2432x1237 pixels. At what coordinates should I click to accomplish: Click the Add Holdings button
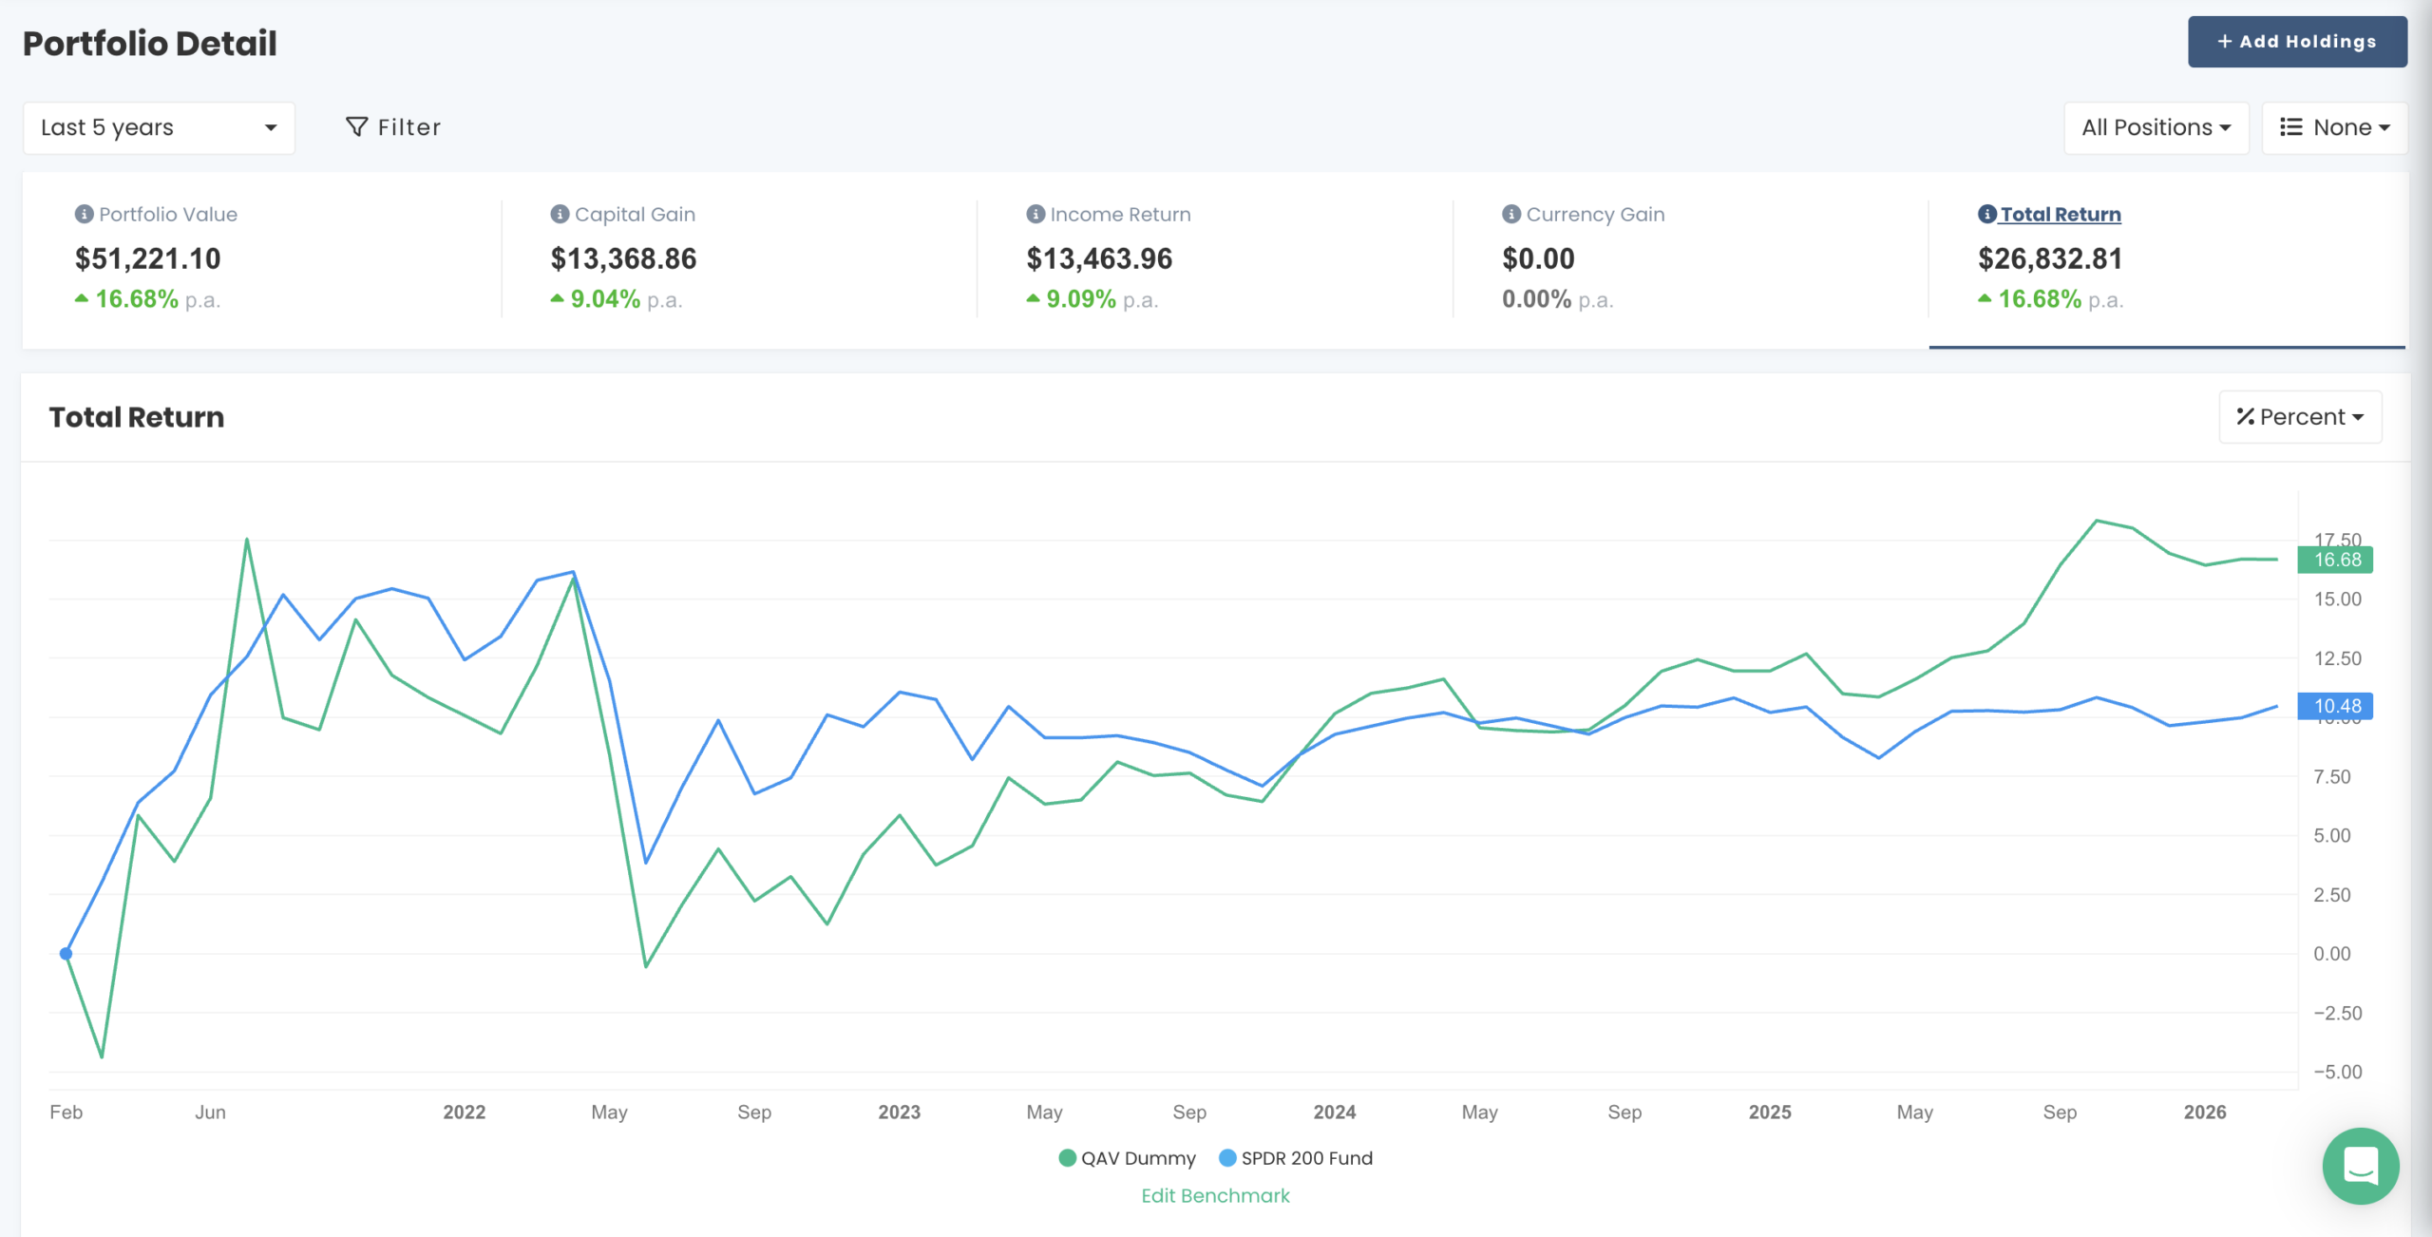[2296, 42]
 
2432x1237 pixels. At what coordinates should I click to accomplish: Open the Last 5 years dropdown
[159, 127]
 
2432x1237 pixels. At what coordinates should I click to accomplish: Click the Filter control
[393, 127]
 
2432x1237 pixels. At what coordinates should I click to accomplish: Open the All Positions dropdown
[2155, 127]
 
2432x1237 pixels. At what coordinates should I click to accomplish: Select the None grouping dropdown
[2334, 127]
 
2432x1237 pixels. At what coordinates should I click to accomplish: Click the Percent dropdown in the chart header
[2299, 417]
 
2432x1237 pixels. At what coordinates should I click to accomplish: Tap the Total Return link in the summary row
[2060, 215]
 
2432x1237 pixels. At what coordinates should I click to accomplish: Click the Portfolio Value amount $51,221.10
[147, 258]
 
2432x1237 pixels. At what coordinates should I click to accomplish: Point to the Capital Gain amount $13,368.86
[623, 258]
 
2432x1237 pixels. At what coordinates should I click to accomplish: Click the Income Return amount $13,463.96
[1099, 258]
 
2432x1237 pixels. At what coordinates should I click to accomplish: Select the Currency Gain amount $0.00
[1538, 258]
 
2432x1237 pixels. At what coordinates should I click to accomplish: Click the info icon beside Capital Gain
[560, 215]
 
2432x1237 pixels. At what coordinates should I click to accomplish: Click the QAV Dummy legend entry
[1127, 1158]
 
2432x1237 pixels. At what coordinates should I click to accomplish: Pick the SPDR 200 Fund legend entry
[1296, 1158]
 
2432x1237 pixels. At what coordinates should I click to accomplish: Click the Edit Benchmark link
[1215, 1196]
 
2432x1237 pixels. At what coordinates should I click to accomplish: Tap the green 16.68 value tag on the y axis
[2335, 560]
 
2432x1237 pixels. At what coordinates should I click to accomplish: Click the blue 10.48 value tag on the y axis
[2335, 706]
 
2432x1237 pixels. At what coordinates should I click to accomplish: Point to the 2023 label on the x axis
[899, 1112]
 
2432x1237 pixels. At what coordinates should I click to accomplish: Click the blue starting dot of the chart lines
[66, 954]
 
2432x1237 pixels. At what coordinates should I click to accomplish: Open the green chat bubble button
[2361, 1166]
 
